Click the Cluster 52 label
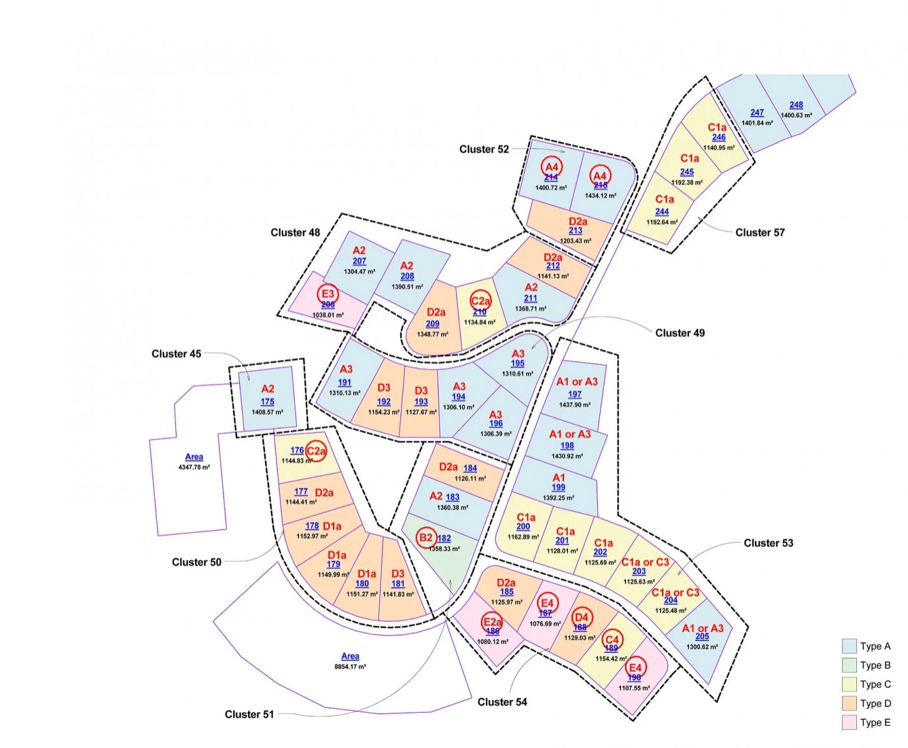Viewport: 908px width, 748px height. point(484,149)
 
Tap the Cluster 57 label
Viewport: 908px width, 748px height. point(759,232)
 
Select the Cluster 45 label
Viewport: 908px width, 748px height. point(176,354)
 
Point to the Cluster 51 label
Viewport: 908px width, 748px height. point(249,714)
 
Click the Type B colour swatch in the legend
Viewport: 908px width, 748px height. point(849,665)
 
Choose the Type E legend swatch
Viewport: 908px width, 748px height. point(849,722)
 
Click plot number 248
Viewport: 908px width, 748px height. point(796,105)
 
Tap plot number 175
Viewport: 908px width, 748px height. point(268,402)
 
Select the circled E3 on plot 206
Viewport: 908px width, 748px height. point(328,294)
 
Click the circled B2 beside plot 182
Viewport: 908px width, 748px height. point(426,537)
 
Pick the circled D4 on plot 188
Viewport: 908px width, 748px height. point(581,617)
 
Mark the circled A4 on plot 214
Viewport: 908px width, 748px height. point(551,167)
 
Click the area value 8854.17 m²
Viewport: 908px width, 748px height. point(350,667)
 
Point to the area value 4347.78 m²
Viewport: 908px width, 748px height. point(194,467)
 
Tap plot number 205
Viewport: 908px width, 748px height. point(702,637)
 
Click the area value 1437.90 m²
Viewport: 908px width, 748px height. point(575,405)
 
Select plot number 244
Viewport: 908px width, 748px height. point(662,212)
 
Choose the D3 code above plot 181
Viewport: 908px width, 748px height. point(398,574)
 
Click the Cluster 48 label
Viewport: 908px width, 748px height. point(295,232)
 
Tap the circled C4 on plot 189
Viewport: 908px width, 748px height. point(612,639)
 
